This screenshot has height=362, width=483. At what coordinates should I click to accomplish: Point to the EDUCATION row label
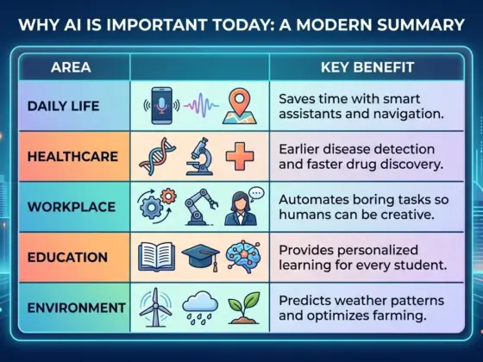pyautogui.click(x=67, y=257)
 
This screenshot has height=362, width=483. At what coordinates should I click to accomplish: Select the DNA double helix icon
pyautogui.click(x=160, y=157)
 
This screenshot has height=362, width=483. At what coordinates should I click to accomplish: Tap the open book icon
pyautogui.click(x=158, y=257)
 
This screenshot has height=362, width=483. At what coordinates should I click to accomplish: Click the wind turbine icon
pyautogui.click(x=158, y=308)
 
